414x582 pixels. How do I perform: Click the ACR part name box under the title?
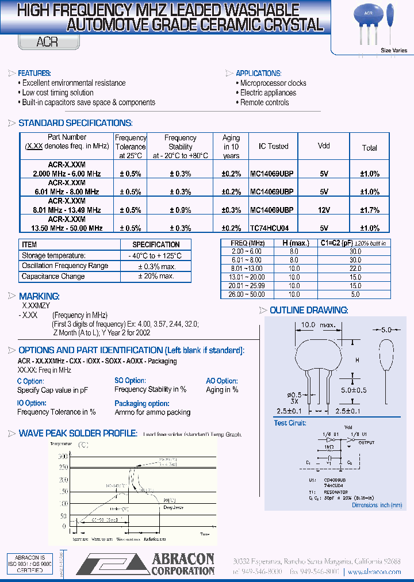click(x=49, y=42)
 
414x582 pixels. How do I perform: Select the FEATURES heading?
click(x=34, y=73)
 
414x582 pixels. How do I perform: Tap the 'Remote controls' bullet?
click(x=264, y=102)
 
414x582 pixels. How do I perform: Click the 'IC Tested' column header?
click(x=273, y=147)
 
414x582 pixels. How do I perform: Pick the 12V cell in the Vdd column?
click(x=324, y=210)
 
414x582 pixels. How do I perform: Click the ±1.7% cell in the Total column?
click(x=370, y=210)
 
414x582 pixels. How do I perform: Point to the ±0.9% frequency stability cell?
click(x=180, y=210)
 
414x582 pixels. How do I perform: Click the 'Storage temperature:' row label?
click(x=53, y=255)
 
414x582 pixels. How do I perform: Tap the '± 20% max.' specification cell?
click(x=156, y=276)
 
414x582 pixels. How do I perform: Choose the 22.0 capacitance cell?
click(x=355, y=269)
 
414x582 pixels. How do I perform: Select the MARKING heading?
click(x=39, y=296)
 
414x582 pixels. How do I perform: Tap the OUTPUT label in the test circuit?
click(x=366, y=442)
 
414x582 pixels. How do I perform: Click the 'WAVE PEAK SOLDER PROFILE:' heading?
click(x=78, y=433)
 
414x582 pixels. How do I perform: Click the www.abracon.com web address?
click(x=374, y=572)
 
